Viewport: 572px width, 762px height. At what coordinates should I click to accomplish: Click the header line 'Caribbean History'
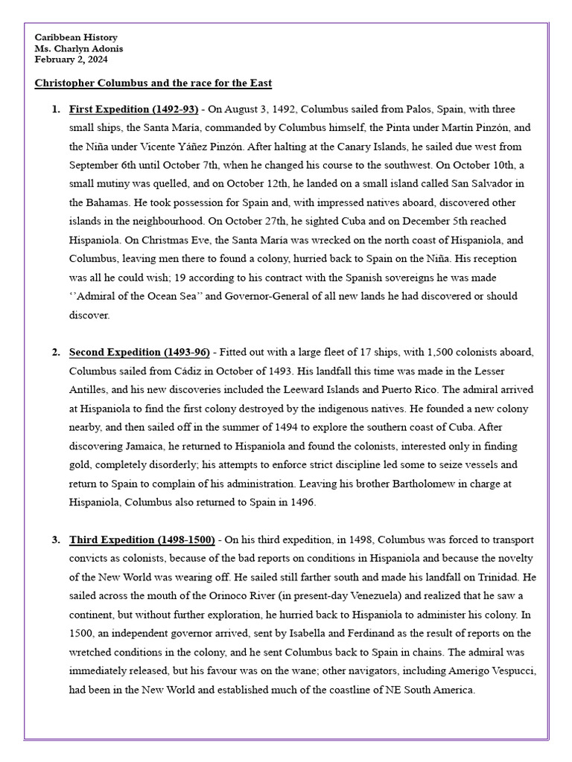(76, 37)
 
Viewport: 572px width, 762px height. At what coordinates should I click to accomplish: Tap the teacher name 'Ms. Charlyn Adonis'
(79, 48)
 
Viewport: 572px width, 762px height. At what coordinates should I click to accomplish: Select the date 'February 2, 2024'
(73, 60)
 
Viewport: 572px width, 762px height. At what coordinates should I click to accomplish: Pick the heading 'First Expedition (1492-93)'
(133, 109)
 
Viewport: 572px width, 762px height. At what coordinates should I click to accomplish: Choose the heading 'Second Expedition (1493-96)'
(139, 352)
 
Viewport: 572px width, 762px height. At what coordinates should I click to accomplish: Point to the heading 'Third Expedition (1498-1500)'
(142, 540)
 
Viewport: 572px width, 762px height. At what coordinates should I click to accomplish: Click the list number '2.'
(56, 352)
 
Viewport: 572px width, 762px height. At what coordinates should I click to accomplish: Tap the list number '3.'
(56, 540)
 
